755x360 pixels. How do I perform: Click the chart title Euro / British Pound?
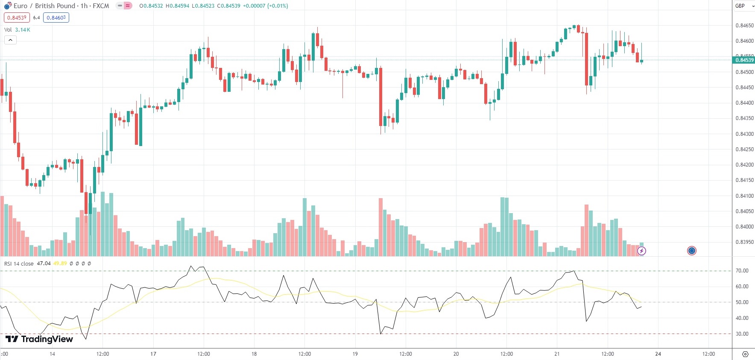coord(45,6)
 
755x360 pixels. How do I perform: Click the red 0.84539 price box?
coord(17,18)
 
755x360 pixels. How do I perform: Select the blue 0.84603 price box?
coord(56,18)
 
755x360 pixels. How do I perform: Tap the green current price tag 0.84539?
coord(743,60)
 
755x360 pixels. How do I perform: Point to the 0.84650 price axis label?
coord(744,26)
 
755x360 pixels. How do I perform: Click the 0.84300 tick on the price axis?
coord(744,134)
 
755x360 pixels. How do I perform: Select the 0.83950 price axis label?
coord(744,242)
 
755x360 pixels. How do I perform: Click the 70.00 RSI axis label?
coord(742,271)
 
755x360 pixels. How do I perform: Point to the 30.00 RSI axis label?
coord(742,334)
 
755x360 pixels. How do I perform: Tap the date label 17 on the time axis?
coord(153,354)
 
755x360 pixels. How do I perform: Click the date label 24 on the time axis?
coord(658,354)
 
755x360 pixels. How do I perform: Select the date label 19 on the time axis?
coord(355,354)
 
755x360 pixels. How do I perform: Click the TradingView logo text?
coord(39,339)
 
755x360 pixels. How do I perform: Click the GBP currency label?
coord(740,6)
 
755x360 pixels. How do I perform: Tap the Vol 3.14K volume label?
coord(17,30)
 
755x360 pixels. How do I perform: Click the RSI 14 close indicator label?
coord(19,263)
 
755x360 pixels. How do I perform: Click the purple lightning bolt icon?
coord(641,251)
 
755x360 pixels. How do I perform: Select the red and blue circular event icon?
coord(692,251)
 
